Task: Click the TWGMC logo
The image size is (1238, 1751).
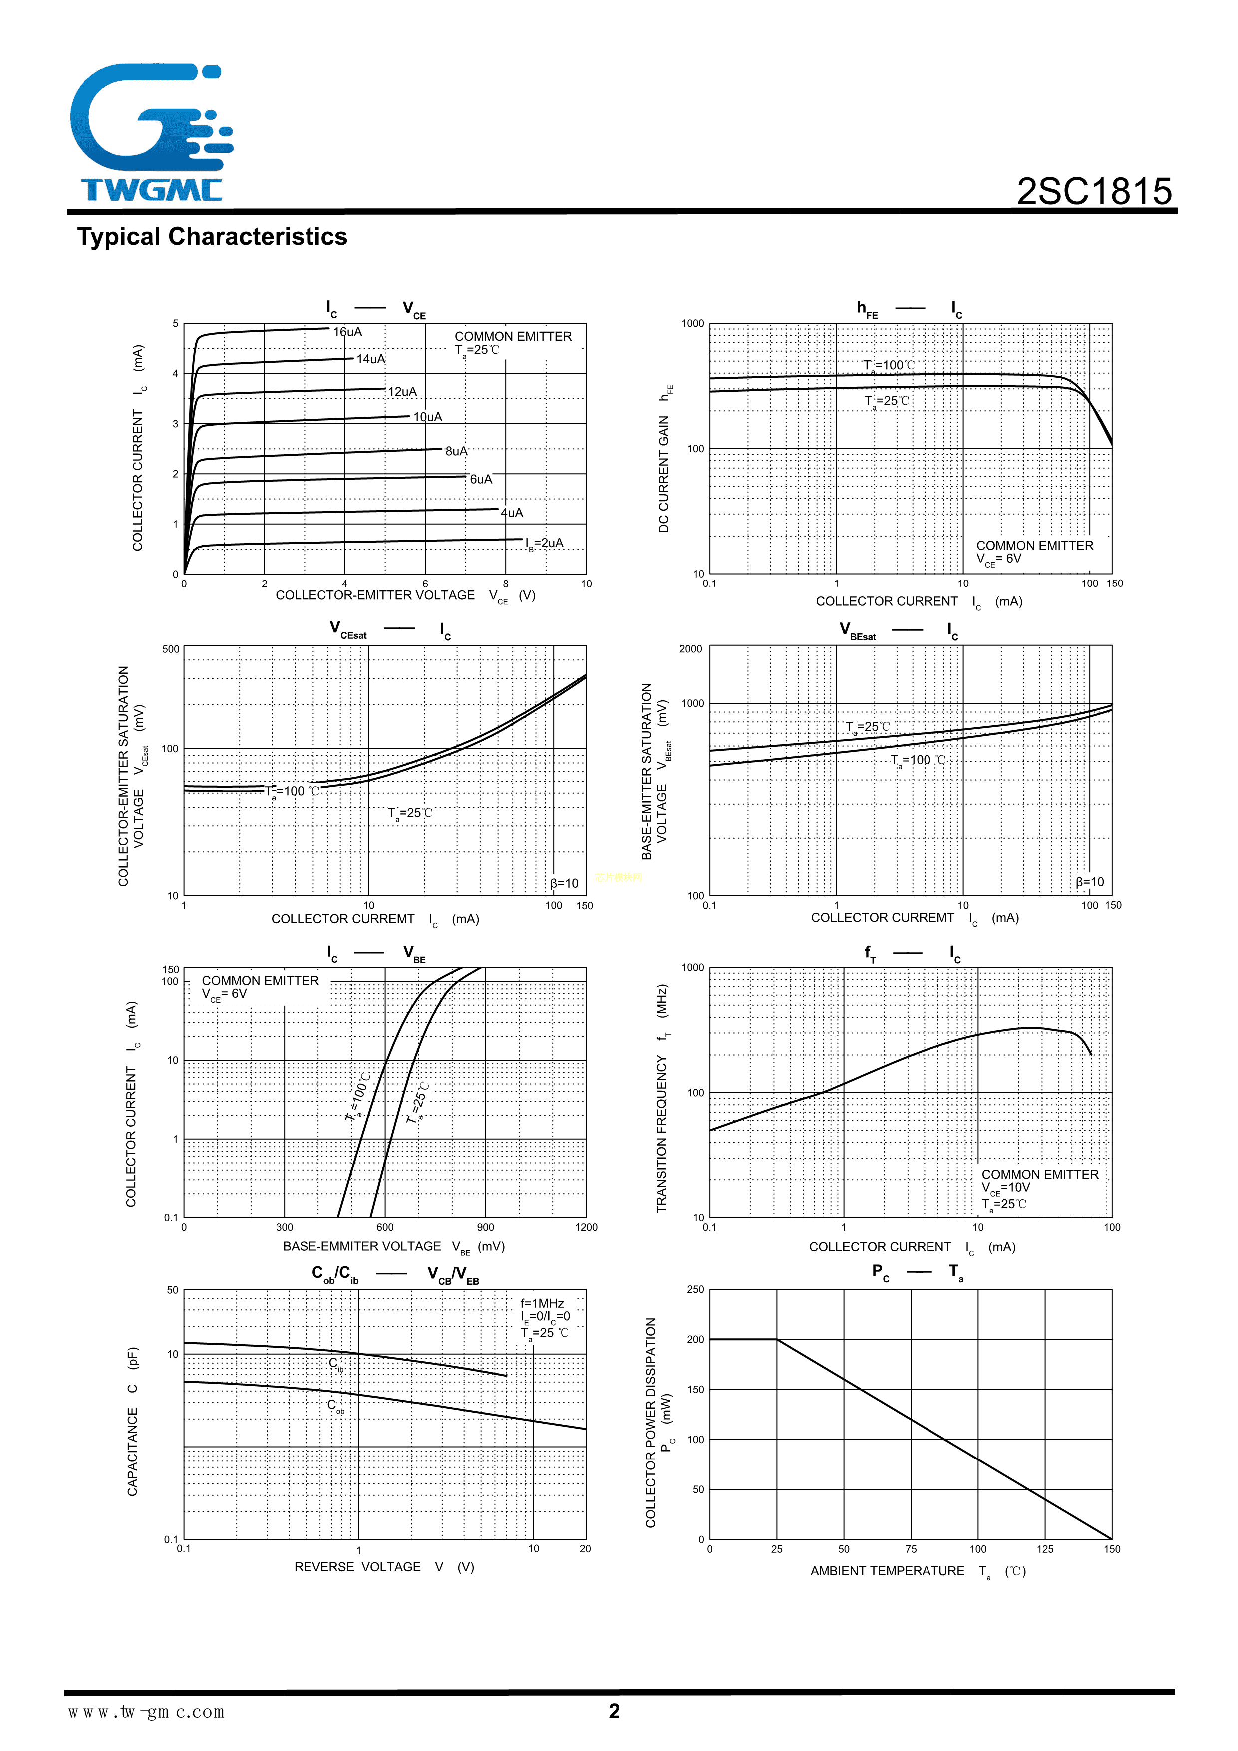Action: [x=151, y=133]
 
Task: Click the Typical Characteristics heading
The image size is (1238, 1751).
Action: [x=212, y=237]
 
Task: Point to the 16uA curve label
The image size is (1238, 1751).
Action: [x=348, y=332]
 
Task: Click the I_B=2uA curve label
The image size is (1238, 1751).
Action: [x=545, y=544]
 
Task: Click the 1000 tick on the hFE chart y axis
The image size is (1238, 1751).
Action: [x=692, y=324]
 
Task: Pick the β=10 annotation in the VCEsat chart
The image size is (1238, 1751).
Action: [x=565, y=883]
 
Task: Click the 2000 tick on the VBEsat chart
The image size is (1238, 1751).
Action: [x=690, y=649]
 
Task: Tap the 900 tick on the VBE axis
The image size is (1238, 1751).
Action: [x=485, y=1227]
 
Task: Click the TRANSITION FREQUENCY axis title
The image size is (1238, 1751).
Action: [x=662, y=1098]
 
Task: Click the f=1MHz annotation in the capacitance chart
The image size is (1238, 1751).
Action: [x=542, y=1303]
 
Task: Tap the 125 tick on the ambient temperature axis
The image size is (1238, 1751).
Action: [x=1045, y=1549]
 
